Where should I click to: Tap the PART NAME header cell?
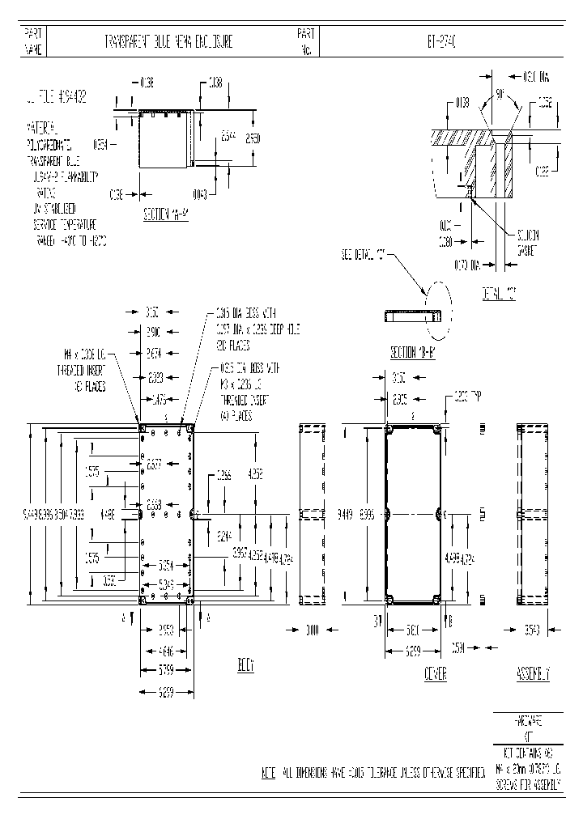(x=33, y=42)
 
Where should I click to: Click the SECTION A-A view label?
(x=166, y=214)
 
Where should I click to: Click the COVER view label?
(x=436, y=673)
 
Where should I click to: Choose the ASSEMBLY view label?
(x=533, y=673)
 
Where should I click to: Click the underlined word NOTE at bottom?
(x=269, y=774)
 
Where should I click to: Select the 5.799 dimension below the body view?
(x=165, y=669)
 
